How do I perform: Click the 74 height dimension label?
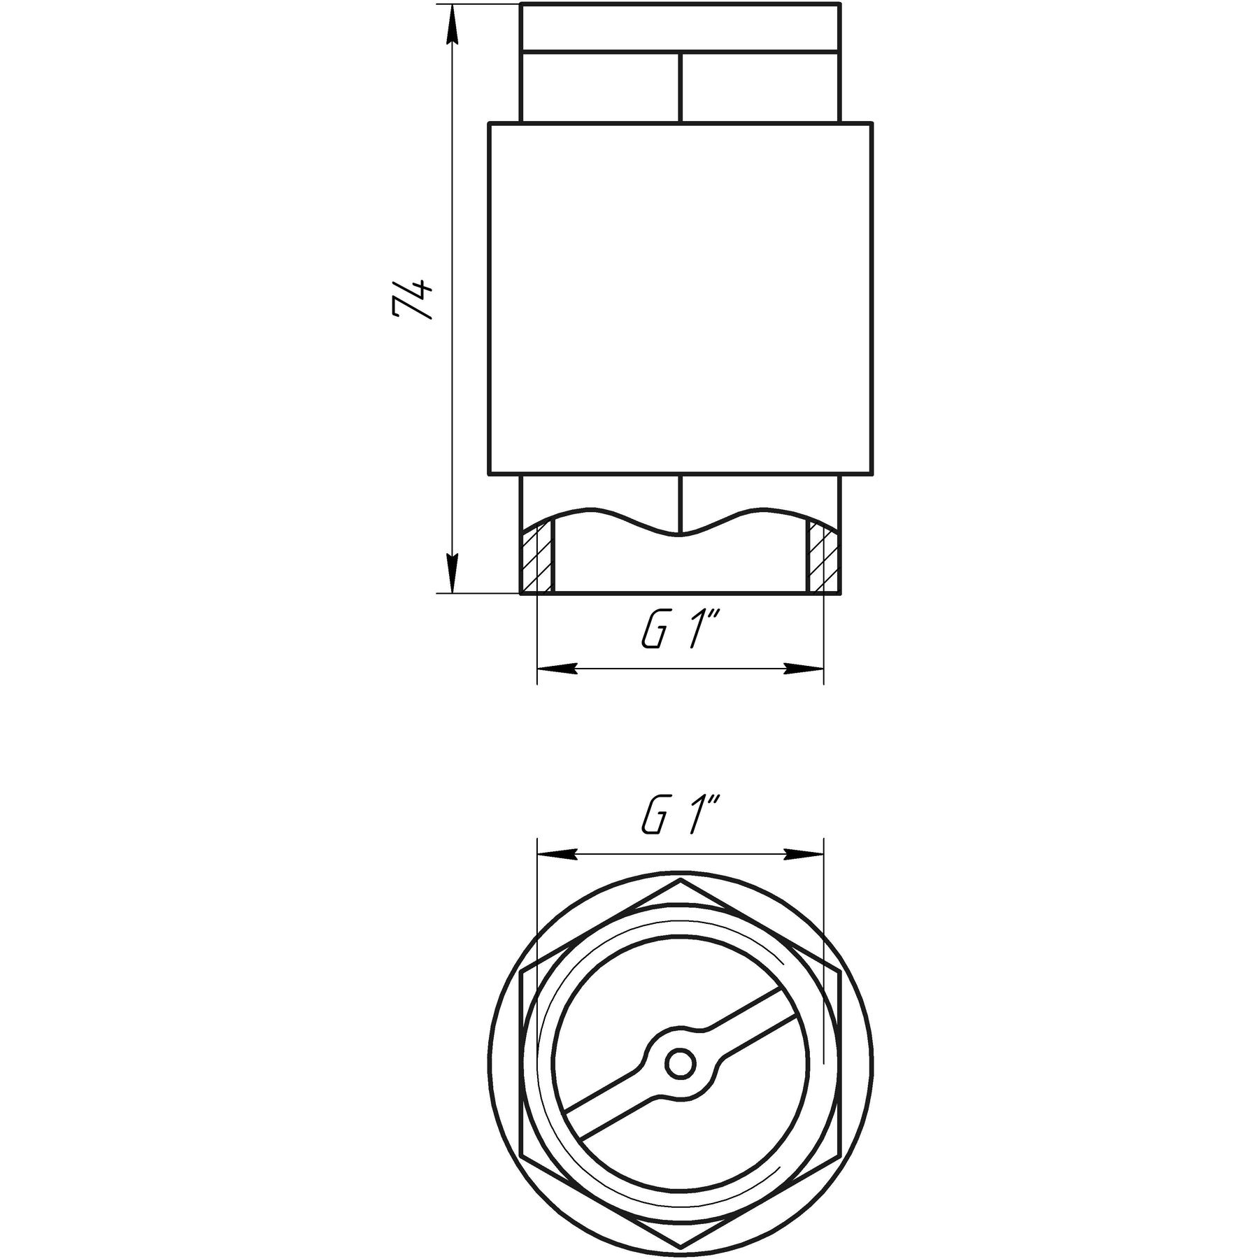pyautogui.click(x=413, y=300)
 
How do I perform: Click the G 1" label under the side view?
pyautogui.click(x=681, y=632)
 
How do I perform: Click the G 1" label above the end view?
pyautogui.click(x=681, y=815)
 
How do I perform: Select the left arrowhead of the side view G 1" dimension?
pyautogui.click(x=557, y=669)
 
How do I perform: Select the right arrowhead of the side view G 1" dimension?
pyautogui.click(x=804, y=669)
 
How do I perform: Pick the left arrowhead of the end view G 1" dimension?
pyautogui.click(x=557, y=855)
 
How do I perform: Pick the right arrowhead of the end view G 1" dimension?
pyautogui.click(x=804, y=855)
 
